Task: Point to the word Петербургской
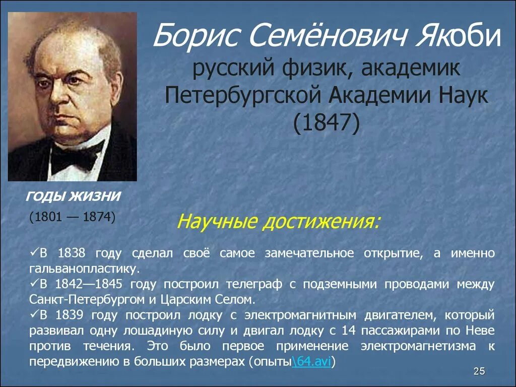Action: tap(241, 95)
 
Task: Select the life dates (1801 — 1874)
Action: tap(72, 218)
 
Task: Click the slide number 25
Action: tap(479, 372)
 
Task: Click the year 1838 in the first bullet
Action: tap(72, 253)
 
